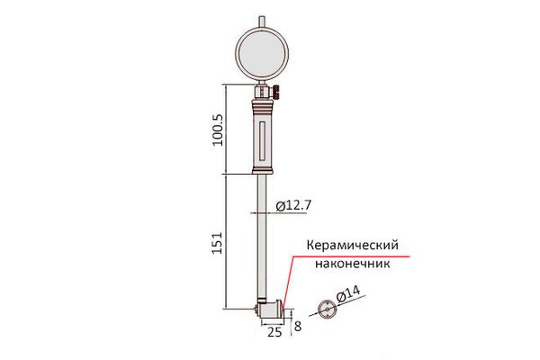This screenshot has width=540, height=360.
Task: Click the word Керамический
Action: tap(352, 245)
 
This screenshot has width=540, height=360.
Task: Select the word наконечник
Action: tap(351, 265)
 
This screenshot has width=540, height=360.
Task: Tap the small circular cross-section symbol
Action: tap(323, 309)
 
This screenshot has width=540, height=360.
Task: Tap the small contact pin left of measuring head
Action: tap(256, 309)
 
